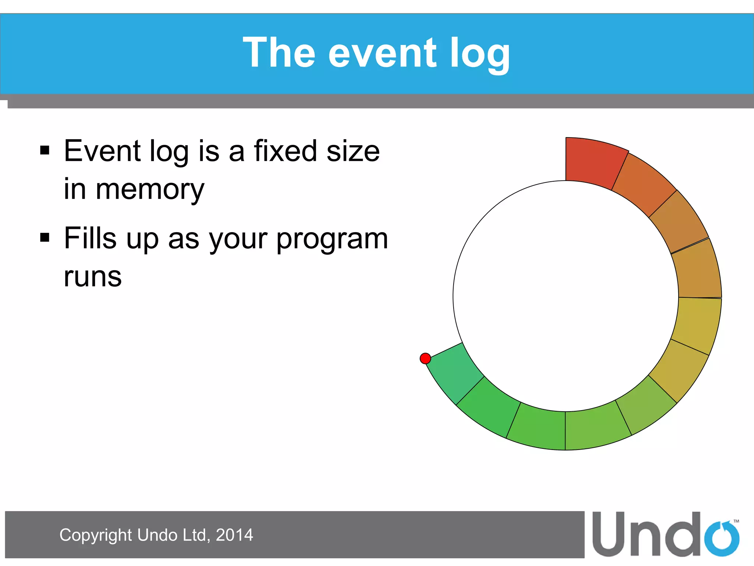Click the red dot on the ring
(x=425, y=358)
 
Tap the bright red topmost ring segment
(x=593, y=162)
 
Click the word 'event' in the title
(x=382, y=53)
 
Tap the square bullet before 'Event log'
(x=45, y=150)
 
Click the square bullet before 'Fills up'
(x=45, y=238)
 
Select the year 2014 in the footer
(x=235, y=535)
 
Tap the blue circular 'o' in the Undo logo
(x=722, y=538)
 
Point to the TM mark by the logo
(x=736, y=521)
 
